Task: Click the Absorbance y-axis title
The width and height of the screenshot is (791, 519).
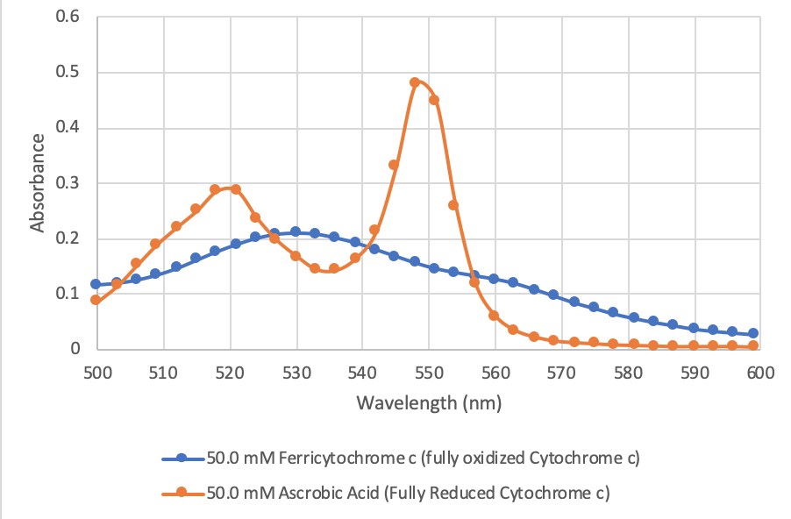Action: click(x=37, y=182)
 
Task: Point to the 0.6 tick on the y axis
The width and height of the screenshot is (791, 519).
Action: click(x=68, y=17)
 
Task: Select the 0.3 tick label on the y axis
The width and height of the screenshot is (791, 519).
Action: click(x=68, y=183)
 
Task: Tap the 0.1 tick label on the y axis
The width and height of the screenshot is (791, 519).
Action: click(x=68, y=294)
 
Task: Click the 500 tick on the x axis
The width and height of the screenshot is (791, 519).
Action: click(x=97, y=372)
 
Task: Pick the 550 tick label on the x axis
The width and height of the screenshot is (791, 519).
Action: click(x=428, y=372)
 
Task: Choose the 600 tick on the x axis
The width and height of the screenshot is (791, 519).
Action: click(x=759, y=372)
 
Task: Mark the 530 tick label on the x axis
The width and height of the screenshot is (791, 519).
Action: click(x=296, y=372)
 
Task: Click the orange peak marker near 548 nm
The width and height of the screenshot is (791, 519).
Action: click(x=415, y=82)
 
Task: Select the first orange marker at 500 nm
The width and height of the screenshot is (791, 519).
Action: click(x=96, y=300)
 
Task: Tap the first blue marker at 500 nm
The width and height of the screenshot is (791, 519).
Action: click(x=96, y=284)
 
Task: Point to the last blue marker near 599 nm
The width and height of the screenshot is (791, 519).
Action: click(x=752, y=333)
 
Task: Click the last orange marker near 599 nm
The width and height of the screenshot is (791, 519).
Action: click(x=752, y=346)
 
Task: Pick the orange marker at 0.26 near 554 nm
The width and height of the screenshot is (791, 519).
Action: click(x=453, y=205)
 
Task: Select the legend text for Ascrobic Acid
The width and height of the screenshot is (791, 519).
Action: click(x=408, y=492)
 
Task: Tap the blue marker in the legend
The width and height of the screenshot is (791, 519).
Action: click(x=182, y=458)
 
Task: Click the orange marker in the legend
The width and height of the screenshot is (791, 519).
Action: click(x=182, y=492)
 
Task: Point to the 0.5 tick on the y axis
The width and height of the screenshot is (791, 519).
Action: click(x=68, y=72)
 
